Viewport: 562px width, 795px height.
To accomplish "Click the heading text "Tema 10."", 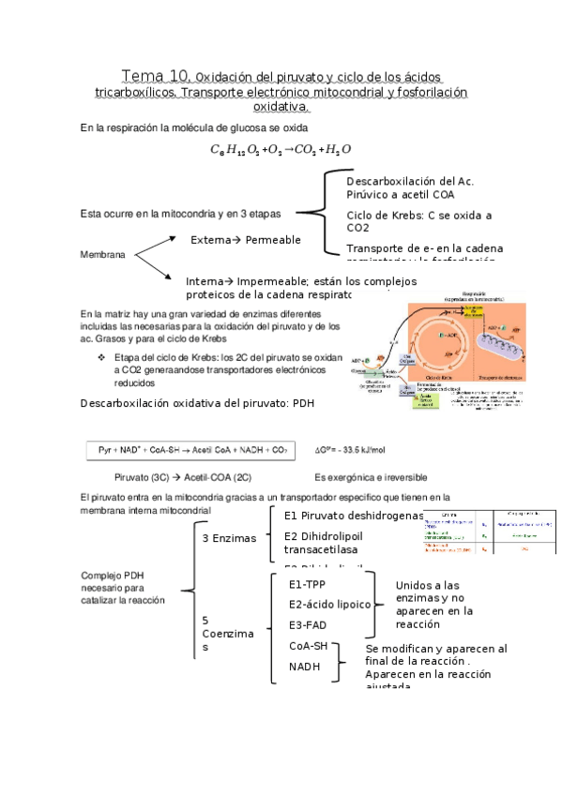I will (157, 75).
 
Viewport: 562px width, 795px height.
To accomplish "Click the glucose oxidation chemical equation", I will (281, 149).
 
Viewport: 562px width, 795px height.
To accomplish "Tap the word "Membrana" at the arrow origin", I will (104, 254).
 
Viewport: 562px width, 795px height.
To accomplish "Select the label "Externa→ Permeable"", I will (246, 240).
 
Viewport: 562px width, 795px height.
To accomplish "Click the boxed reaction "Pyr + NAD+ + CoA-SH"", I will (191, 449).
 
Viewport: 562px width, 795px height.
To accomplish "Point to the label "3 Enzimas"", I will (229, 539).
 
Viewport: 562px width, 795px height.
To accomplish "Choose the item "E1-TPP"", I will (308, 584).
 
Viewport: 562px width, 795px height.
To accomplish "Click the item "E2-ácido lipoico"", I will (330, 605).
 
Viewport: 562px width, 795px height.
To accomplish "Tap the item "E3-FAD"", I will (308, 625).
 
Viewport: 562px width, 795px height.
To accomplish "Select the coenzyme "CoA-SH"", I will (309, 647).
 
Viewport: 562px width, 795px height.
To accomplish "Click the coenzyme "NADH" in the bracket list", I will (304, 667).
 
